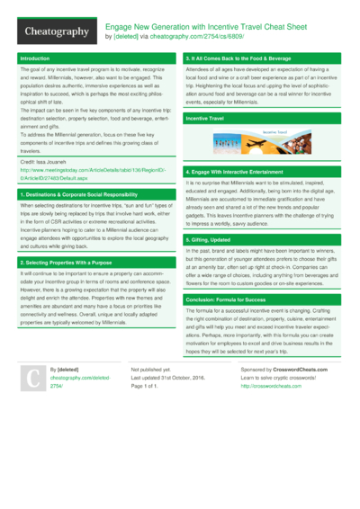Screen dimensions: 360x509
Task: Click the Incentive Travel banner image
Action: pos(261,142)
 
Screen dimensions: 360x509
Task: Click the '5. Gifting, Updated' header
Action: pos(214,241)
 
